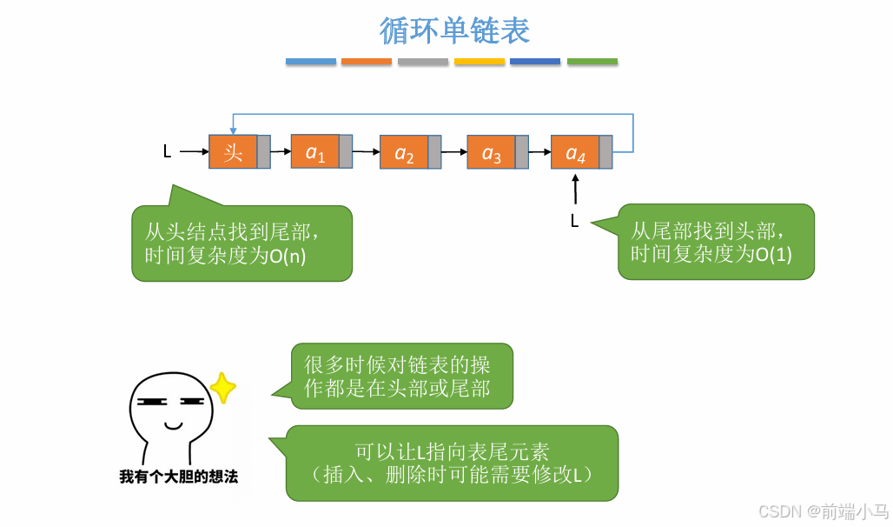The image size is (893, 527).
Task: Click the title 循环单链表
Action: click(x=454, y=31)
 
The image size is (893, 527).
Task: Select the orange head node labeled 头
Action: click(x=233, y=151)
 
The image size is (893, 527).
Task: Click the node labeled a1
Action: click(x=314, y=151)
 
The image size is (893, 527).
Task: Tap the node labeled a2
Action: click(x=404, y=152)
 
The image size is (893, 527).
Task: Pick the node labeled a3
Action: click(x=491, y=152)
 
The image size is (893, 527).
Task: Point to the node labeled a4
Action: click(x=575, y=152)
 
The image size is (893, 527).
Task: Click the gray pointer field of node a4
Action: click(x=605, y=152)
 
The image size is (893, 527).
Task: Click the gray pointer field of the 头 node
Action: click(x=263, y=151)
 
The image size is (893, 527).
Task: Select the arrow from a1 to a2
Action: click(x=366, y=152)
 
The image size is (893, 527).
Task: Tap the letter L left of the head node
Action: click(x=167, y=152)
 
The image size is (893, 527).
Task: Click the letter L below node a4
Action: click(x=574, y=221)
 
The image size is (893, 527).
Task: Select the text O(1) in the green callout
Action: click(x=772, y=255)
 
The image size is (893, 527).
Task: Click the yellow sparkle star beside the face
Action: click(x=223, y=388)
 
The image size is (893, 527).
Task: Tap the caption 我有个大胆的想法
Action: click(x=178, y=477)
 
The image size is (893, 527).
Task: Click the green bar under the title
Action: click(x=592, y=62)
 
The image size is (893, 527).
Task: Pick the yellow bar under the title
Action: click(x=480, y=62)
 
